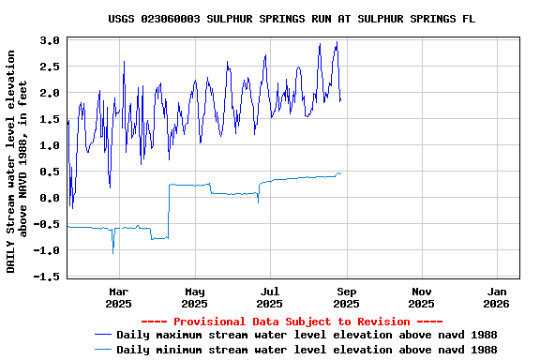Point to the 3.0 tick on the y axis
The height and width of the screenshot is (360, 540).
tap(50, 40)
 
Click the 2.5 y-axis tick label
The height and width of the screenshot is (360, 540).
tap(50, 67)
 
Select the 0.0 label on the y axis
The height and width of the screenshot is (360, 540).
tap(50, 198)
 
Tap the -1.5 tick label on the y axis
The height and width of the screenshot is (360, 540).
tap(47, 277)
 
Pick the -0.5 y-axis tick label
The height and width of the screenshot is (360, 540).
tap(47, 224)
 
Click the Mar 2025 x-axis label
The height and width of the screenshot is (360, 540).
tap(118, 297)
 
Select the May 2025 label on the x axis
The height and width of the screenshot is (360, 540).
tap(194, 297)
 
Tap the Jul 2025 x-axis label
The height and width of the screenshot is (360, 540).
tap(270, 297)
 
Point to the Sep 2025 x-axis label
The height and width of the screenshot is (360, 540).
tap(346, 297)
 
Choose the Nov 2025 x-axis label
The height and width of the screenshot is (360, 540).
tap(422, 297)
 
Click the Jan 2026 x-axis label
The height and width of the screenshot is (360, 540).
tap(498, 297)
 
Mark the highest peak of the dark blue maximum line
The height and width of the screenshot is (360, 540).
tap(337, 42)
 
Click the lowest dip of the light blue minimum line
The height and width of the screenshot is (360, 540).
tap(113, 253)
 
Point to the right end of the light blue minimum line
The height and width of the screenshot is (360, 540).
tap(341, 173)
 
